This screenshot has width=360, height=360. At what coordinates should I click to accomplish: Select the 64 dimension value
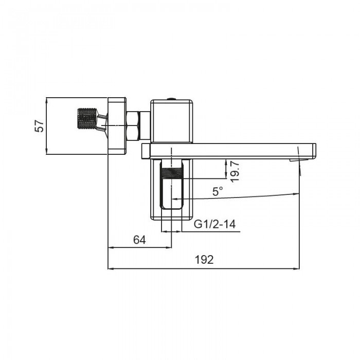click(x=139, y=240)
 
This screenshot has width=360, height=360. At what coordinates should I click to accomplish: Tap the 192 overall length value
click(x=204, y=260)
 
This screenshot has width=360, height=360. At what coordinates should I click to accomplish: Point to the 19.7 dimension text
click(x=235, y=170)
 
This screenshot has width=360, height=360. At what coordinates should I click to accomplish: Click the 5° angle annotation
click(x=218, y=191)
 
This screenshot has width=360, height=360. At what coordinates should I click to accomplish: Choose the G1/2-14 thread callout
click(x=215, y=224)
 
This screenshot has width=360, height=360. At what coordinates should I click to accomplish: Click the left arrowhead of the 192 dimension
click(x=110, y=268)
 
